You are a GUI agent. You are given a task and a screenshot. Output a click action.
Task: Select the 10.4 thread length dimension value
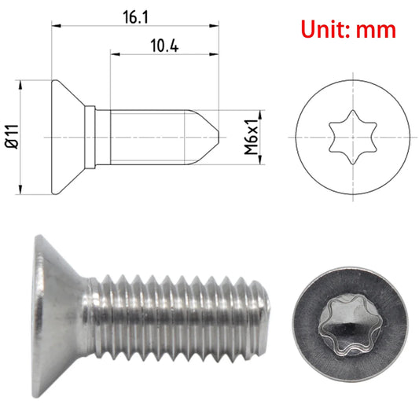(163, 47)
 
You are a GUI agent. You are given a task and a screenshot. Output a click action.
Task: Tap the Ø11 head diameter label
(10, 137)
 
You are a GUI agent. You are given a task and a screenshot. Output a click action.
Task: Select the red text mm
(376, 30)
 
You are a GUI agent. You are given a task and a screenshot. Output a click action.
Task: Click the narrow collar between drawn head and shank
(92, 136)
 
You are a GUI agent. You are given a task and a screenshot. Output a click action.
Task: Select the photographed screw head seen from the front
(344, 324)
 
